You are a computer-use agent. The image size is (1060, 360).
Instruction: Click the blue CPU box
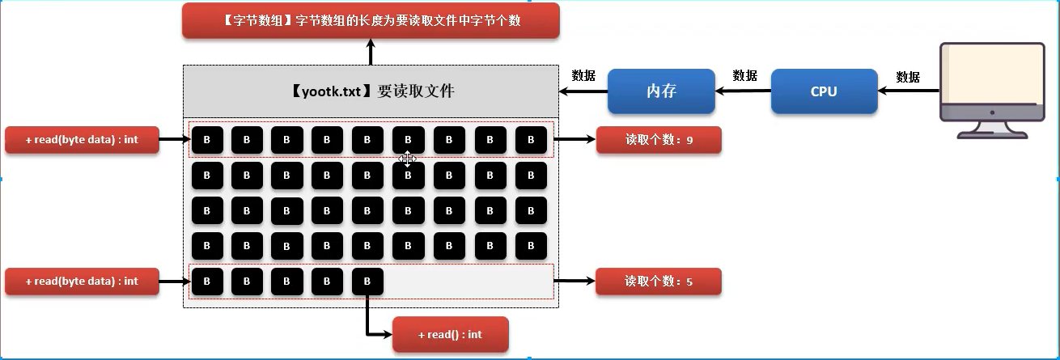824,91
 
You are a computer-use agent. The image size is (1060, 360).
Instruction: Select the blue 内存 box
661,91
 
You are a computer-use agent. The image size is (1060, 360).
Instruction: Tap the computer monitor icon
991,89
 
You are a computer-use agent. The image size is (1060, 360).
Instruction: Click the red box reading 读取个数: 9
658,140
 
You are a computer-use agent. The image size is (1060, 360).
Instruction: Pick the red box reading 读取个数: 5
658,282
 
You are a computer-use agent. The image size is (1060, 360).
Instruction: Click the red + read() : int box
450,335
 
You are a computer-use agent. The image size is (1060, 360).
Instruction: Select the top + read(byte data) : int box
82,140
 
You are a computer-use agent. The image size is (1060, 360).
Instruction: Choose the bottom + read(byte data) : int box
82,282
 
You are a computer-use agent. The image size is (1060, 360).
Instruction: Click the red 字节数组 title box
371,21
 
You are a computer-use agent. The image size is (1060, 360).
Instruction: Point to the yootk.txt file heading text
371,91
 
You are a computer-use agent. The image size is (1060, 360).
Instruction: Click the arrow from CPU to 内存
743,91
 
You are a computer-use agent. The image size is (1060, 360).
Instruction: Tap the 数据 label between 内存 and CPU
744,75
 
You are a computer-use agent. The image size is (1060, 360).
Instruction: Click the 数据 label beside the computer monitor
908,77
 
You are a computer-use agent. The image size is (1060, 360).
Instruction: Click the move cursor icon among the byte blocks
408,159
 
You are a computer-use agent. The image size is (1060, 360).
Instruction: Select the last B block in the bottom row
367,282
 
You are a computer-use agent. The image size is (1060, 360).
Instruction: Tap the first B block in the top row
206,140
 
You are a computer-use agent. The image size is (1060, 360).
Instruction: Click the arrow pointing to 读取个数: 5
575,282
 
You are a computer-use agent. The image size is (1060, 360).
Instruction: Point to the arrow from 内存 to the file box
583,91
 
